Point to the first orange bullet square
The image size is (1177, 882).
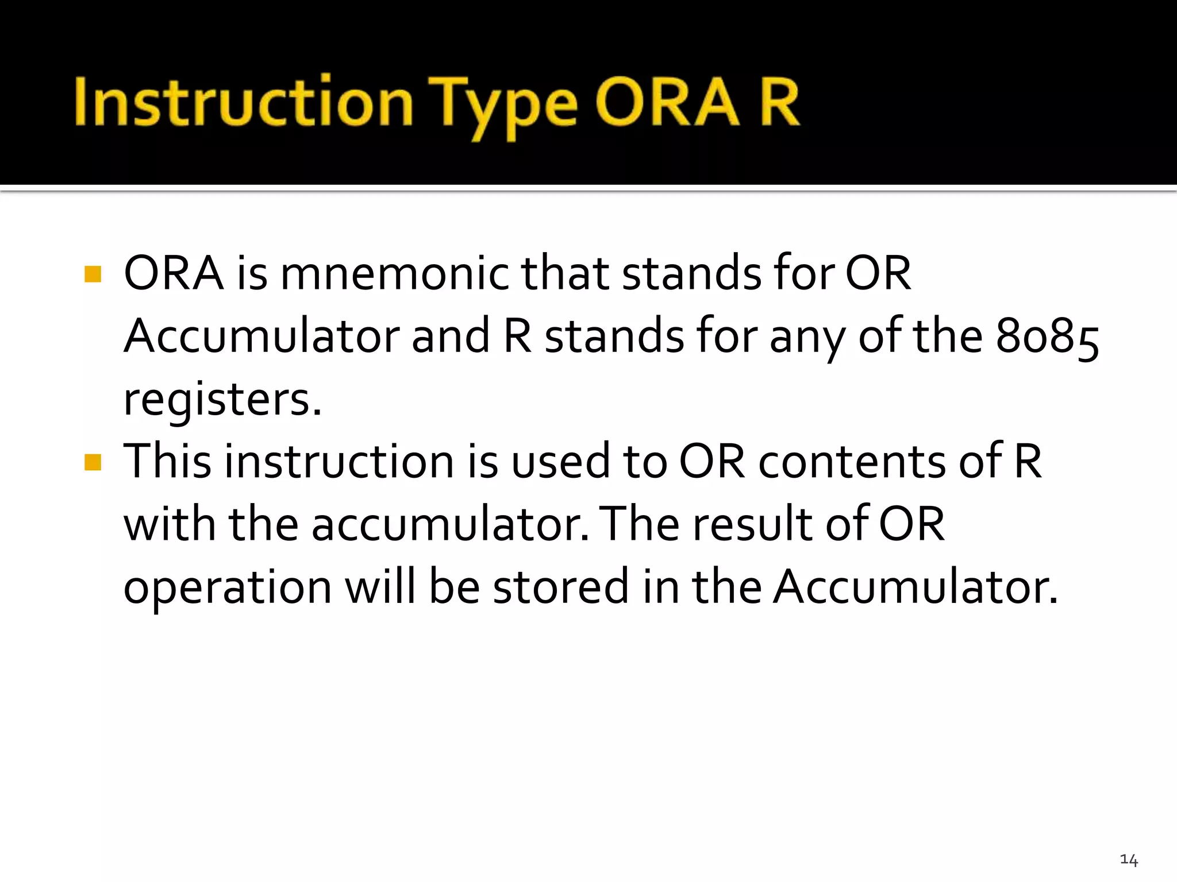[93, 274]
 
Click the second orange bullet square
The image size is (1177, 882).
[93, 462]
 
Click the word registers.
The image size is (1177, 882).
[222, 400]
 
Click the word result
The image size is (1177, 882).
[752, 524]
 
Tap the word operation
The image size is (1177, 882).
[228, 589]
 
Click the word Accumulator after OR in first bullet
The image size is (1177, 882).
[261, 336]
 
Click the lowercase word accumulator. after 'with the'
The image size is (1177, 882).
[450, 524]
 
